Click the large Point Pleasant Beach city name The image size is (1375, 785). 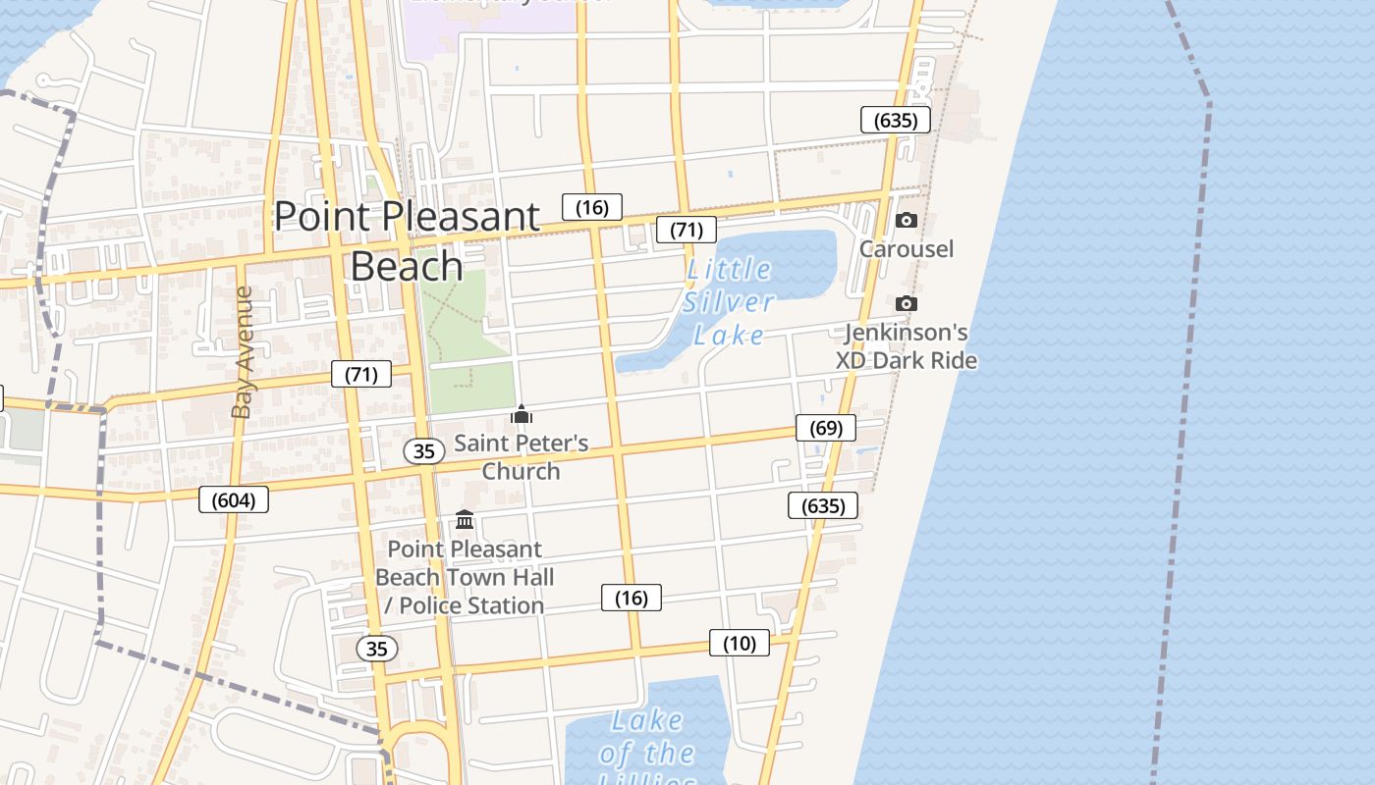pos(407,240)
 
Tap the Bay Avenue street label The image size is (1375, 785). pos(243,351)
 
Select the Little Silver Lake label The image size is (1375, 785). pos(729,301)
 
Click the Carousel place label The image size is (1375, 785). pos(907,248)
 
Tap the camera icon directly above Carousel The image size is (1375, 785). pos(907,221)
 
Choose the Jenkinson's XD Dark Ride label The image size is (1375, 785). pos(907,346)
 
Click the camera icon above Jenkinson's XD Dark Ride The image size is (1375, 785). pos(907,304)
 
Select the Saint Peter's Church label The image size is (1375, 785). pos(522,456)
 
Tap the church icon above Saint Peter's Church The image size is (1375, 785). pos(522,415)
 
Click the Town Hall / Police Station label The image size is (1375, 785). pos(465,577)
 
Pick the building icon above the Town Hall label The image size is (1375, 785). pos(465,519)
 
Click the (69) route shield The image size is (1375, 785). pos(826,428)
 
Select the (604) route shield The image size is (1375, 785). pos(233,499)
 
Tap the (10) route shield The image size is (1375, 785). pos(740,643)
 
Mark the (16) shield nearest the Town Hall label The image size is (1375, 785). pos(631,598)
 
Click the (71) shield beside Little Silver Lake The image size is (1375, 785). pos(687,230)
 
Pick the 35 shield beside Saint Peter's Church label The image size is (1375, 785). pos(424,451)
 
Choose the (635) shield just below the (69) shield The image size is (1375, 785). pos(823,505)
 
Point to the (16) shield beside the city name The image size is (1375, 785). pos(592,207)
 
